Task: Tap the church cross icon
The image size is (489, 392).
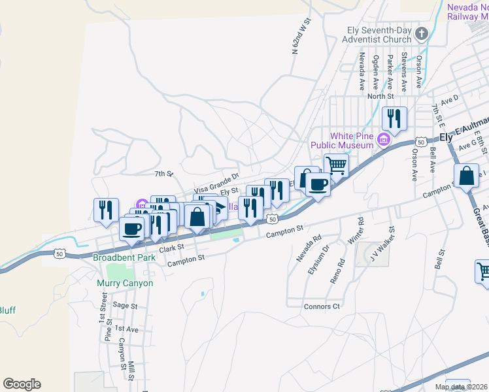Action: point(422,33)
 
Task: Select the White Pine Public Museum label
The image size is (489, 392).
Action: point(354,140)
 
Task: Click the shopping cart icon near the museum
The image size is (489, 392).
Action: point(336,165)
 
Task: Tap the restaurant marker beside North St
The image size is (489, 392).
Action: point(394,118)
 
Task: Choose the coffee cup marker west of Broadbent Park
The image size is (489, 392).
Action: point(131,229)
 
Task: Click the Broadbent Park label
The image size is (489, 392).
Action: point(124,257)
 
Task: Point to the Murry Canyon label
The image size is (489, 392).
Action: point(124,283)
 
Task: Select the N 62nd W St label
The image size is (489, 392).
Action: point(300,35)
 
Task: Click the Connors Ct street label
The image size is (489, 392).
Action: point(322,306)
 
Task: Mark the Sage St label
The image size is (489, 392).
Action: point(124,305)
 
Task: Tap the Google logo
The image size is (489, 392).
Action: point(22,384)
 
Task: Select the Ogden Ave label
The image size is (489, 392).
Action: point(376,73)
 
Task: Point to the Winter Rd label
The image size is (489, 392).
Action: point(355,232)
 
